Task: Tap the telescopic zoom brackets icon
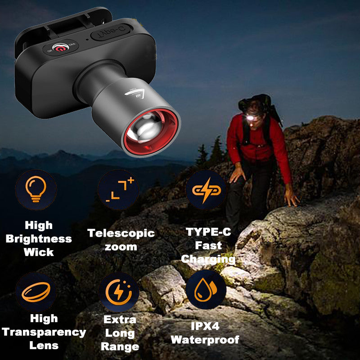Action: [x=118, y=189]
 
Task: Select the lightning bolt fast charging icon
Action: [x=205, y=189]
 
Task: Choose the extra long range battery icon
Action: [x=118, y=292]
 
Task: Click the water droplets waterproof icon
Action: [x=205, y=291]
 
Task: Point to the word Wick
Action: [x=39, y=252]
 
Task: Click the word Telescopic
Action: [x=121, y=233]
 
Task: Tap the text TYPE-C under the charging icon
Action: [x=209, y=232]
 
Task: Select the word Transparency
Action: [x=44, y=332]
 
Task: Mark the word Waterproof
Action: [x=205, y=340]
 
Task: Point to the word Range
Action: [x=120, y=346]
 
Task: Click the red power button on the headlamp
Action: [x=60, y=46]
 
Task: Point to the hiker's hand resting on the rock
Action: [x=292, y=198]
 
